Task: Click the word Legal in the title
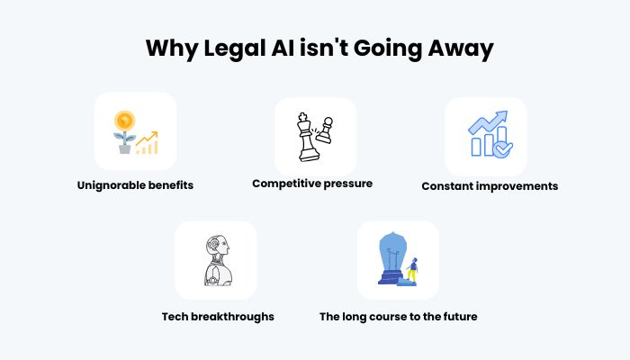click(235, 49)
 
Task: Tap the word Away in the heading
click(461, 49)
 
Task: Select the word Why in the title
click(171, 49)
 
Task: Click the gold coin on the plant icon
click(124, 121)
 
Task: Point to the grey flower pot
click(124, 148)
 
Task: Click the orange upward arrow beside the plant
click(147, 139)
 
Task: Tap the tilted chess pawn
click(325, 130)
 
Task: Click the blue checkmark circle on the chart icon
click(502, 149)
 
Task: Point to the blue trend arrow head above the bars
click(501, 117)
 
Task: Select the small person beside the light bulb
click(412, 271)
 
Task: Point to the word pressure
click(348, 184)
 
